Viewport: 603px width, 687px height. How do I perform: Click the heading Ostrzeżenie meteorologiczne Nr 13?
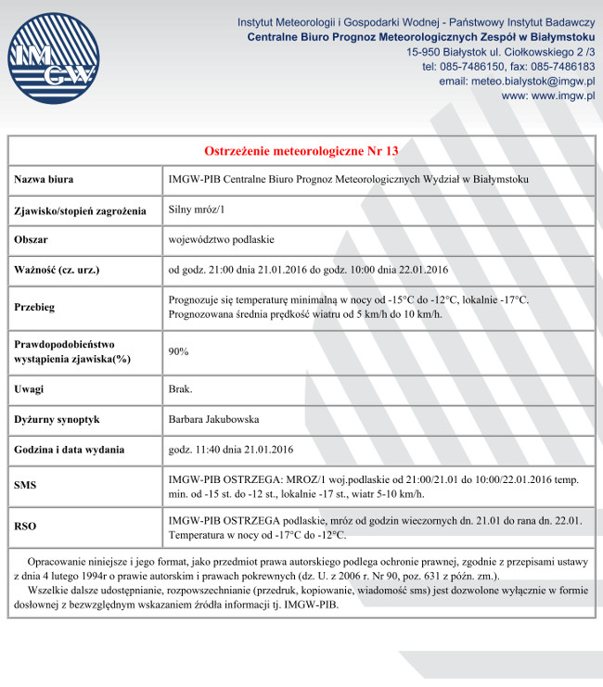[301, 150]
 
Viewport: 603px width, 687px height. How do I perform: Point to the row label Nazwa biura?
[44, 179]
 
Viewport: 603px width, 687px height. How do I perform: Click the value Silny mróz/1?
[197, 210]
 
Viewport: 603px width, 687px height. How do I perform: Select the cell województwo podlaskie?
[222, 239]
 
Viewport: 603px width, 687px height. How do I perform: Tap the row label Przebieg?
[35, 307]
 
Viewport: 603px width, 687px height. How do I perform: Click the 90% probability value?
[179, 351]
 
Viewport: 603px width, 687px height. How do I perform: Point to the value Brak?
[181, 388]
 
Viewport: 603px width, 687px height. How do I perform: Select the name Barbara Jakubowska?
[214, 419]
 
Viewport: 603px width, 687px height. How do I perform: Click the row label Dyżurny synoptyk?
[58, 419]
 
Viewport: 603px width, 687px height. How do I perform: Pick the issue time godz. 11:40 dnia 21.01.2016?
[231, 450]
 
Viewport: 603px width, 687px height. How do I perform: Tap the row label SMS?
[26, 485]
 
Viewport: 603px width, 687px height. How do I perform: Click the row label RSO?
[26, 527]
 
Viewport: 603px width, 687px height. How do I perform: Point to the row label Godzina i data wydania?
[70, 450]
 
